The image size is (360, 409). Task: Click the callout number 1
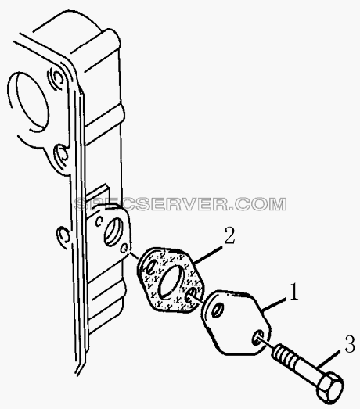coord(294,291)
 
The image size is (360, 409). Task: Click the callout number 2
coord(229,235)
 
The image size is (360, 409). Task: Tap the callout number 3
coord(350,344)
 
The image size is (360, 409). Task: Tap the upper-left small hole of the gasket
coord(150,267)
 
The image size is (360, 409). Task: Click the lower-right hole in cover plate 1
coord(257,338)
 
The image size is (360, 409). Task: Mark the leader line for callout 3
coord(329,359)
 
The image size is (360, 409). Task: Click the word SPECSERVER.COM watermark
coord(181,204)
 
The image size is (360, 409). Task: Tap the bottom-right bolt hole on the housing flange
coord(124,249)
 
